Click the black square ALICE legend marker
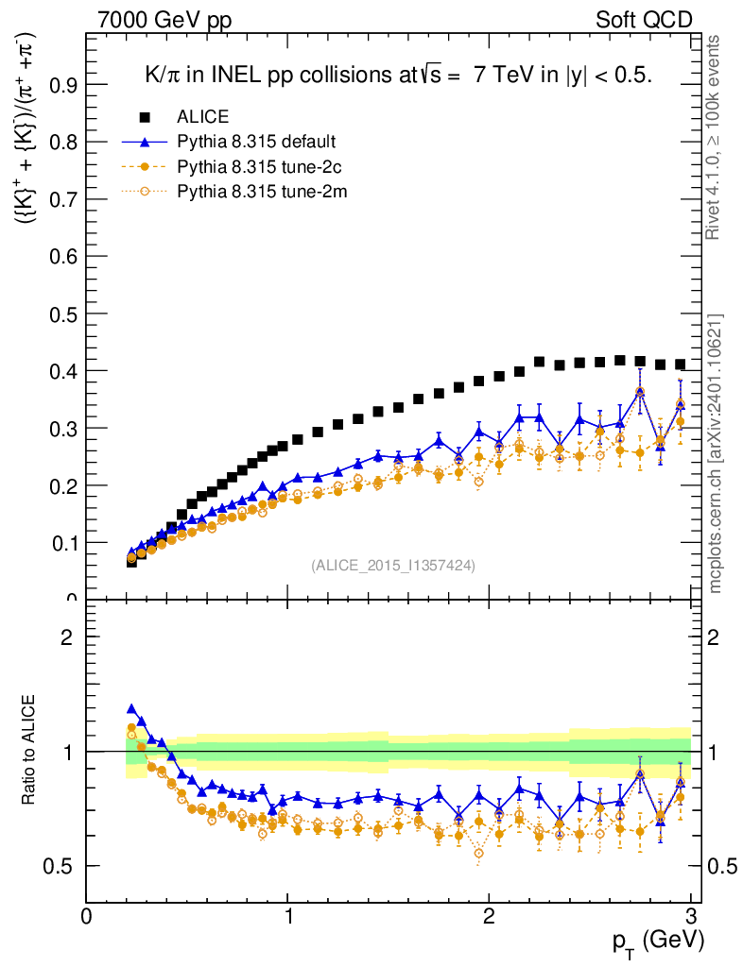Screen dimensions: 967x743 click(145, 117)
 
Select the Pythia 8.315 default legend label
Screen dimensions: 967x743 click(256, 143)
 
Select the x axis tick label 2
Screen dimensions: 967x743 click(489, 915)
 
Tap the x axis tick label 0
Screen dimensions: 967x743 click(87, 915)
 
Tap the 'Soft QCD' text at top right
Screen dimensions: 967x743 click(644, 20)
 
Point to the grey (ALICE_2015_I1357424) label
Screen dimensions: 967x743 click(392, 565)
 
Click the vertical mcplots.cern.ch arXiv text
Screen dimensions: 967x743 click(717, 453)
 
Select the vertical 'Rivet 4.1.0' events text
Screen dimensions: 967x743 click(717, 137)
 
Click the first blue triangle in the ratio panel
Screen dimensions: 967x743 click(131, 708)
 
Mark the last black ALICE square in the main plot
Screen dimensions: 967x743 click(680, 365)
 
